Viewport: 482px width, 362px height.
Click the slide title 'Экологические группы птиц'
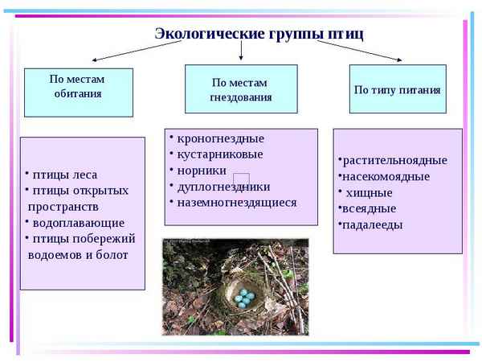259,33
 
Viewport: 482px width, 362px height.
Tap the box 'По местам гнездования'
240,89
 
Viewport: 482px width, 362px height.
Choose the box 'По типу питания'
397,89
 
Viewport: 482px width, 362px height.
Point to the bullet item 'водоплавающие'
77,222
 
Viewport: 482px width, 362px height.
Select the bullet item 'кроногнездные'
219,138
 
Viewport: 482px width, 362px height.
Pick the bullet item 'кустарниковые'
219,154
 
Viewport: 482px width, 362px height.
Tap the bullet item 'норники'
201,171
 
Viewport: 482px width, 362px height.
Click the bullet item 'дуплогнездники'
224,187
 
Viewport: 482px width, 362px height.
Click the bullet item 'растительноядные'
394,160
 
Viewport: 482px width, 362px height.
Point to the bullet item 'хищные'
370,192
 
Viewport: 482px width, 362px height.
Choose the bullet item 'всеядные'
369,208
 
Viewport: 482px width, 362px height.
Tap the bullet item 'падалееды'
372,224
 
